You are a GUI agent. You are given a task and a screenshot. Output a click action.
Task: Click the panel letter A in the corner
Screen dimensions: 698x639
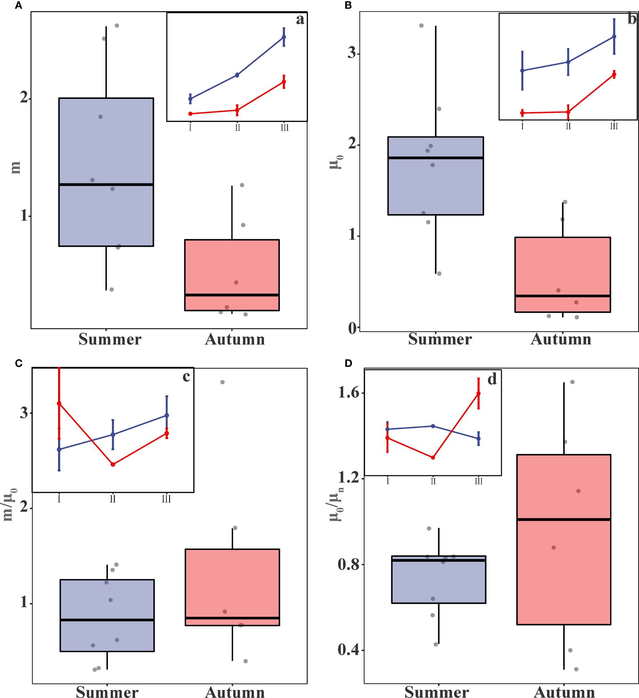coord(18,5)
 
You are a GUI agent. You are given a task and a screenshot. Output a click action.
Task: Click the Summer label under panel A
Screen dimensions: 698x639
coord(110,339)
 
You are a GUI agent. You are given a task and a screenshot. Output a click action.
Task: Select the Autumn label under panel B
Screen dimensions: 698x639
coord(561,339)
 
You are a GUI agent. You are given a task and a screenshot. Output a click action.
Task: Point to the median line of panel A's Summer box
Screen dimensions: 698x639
coord(106,185)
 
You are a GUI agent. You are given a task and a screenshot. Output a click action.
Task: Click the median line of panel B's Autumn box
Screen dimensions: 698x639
coord(562,296)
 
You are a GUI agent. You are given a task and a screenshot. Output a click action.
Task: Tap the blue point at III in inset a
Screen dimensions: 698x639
coord(284,37)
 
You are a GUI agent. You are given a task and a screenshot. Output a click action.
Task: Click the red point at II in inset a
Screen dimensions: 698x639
coord(237,110)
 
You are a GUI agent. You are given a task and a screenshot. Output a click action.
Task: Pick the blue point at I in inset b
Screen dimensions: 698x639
coord(522,70)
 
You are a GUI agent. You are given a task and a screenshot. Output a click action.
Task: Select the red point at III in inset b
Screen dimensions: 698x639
coord(614,74)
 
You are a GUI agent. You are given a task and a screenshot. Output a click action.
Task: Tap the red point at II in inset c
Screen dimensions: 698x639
coord(113,464)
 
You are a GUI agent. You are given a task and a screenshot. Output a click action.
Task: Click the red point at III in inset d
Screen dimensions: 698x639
coord(479,394)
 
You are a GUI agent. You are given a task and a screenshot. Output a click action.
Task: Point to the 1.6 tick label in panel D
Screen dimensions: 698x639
coord(348,393)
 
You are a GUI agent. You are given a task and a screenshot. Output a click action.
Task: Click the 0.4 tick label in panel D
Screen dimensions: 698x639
coord(348,650)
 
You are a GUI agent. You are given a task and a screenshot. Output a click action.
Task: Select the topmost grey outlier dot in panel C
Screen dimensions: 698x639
coord(222,382)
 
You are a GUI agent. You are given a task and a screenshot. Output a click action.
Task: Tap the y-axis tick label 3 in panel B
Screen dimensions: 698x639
coord(352,53)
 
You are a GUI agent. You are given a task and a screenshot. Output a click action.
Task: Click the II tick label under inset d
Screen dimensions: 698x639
coord(433,481)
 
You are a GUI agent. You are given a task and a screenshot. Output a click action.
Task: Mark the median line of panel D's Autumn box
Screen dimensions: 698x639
coord(564,519)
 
